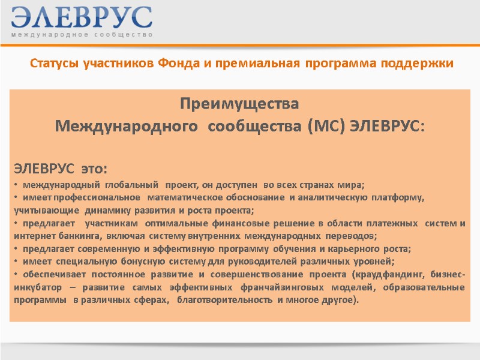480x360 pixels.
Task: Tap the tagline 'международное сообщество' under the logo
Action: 82,35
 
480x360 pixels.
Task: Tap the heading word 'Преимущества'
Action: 239,104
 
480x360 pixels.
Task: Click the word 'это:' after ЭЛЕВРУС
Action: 93,166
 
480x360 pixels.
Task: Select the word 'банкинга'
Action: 71,236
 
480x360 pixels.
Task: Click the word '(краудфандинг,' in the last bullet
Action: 392,275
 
